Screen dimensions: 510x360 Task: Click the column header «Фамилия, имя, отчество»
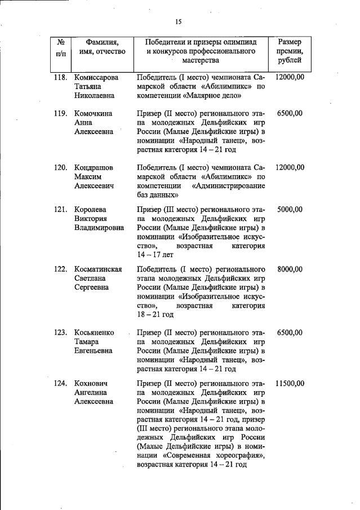102,47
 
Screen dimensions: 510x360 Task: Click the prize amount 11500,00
290,384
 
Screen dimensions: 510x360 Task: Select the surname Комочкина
94,113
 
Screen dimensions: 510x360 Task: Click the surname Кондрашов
94,167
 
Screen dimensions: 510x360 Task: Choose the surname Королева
91,210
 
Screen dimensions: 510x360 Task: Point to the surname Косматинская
99,269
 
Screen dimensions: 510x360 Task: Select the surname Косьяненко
95,332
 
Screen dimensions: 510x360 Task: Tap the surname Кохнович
92,384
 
